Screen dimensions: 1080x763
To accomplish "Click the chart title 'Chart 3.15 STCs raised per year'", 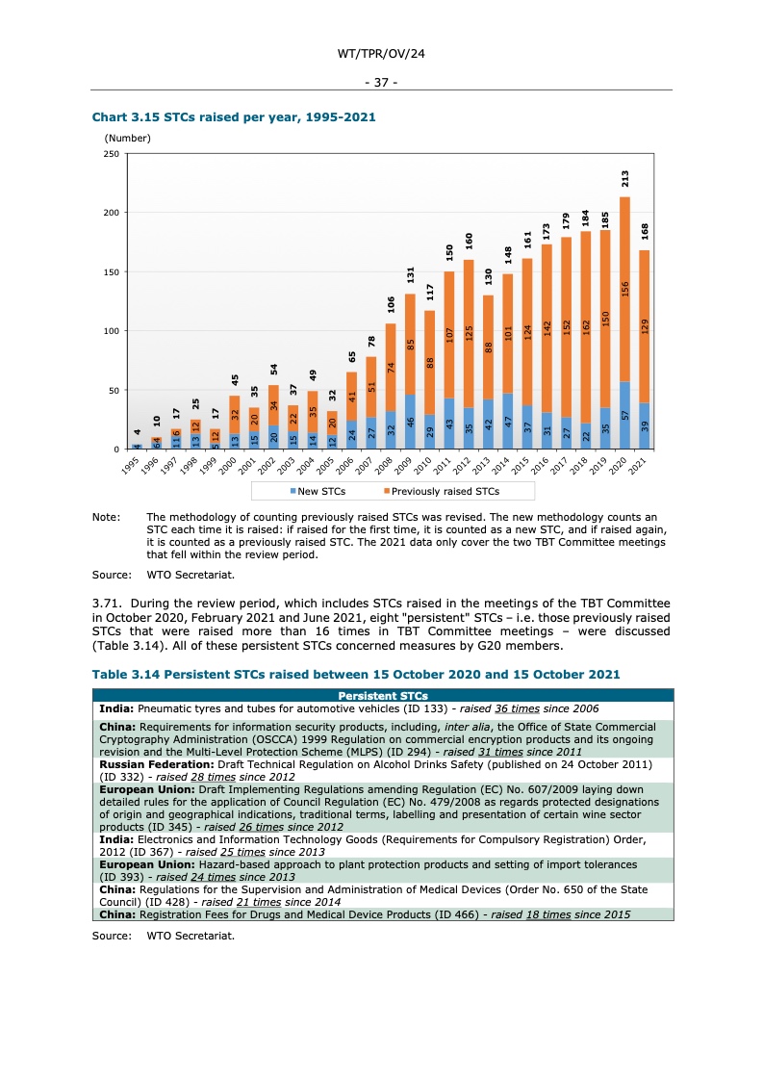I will [x=233, y=117].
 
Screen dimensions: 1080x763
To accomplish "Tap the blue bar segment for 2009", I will [x=410, y=422].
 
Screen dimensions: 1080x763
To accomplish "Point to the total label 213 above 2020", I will [x=625, y=179].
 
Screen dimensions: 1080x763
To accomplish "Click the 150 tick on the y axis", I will [x=113, y=272].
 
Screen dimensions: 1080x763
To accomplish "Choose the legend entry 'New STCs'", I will [x=318, y=491].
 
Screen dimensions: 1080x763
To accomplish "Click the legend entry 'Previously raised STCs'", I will [x=445, y=491].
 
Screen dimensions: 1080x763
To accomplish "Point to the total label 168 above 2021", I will [x=645, y=232].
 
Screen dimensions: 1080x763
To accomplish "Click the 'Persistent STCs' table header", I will [x=383, y=696].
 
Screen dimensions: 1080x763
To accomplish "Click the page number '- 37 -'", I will [x=382, y=82].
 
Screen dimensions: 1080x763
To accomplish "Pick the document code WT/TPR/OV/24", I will [x=382, y=54].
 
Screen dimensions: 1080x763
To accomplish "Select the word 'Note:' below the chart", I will [x=106, y=518].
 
